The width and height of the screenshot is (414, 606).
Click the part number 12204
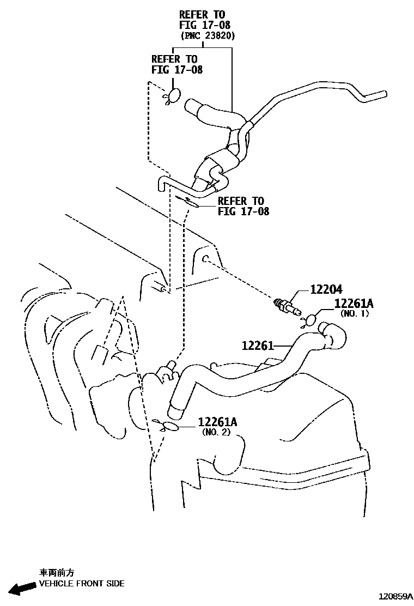[326, 290]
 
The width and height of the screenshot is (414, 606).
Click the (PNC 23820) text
[208, 36]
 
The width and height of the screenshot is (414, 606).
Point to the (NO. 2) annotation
[216, 432]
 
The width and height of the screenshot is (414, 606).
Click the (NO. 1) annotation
[355, 313]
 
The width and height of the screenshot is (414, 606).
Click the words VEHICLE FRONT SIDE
[82, 584]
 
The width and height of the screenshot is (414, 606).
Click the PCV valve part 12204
[288, 306]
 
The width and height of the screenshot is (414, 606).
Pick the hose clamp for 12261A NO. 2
[170, 427]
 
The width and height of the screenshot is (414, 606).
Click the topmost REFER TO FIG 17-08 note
[202, 20]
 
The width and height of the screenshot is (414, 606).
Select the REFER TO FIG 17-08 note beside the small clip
[243, 206]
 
